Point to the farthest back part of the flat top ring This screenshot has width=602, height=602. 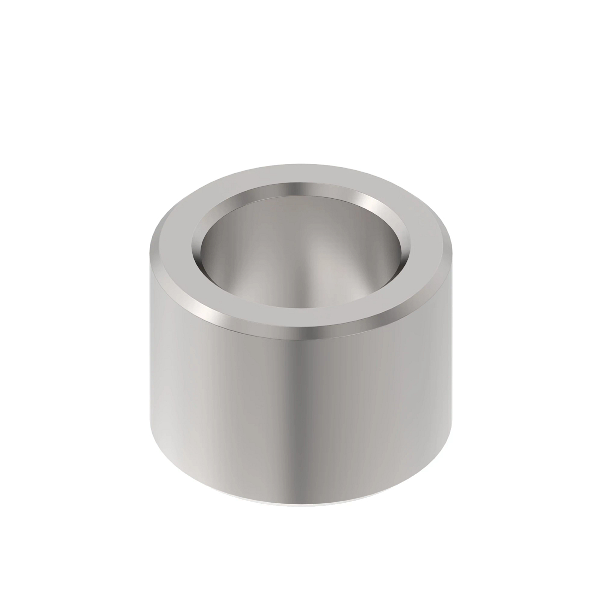coord(301,174)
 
